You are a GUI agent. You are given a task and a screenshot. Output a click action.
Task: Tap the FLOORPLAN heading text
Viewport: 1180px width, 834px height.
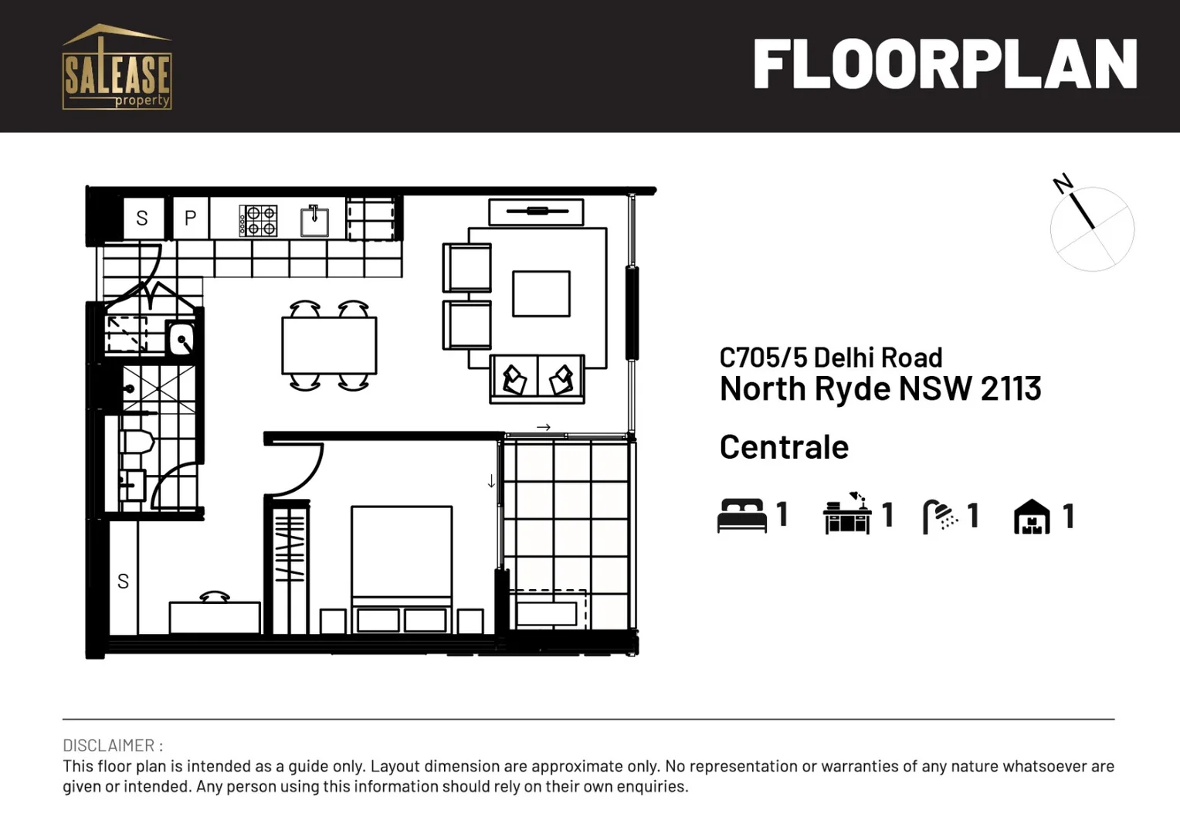click(x=944, y=65)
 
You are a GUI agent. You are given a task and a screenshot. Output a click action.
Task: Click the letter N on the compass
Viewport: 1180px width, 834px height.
click(x=1063, y=184)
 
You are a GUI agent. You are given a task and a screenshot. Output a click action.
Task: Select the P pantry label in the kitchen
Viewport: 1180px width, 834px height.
click(x=190, y=219)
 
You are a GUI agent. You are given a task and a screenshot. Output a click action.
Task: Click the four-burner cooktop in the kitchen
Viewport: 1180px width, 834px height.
click(x=258, y=220)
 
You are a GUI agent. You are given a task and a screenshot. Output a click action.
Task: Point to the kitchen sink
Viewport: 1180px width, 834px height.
click(x=314, y=221)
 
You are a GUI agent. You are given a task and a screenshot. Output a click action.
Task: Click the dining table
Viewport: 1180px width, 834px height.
click(x=329, y=345)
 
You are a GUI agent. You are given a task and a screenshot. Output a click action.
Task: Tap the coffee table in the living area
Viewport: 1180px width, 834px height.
click(x=541, y=293)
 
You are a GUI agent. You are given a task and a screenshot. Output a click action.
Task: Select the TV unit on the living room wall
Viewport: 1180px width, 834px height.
click(x=536, y=211)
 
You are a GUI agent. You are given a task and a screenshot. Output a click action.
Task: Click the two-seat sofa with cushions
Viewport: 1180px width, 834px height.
click(x=537, y=379)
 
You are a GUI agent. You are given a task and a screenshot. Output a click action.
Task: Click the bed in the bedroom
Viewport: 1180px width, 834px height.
click(x=402, y=568)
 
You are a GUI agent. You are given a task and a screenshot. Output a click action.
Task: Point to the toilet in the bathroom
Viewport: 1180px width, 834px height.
click(x=137, y=445)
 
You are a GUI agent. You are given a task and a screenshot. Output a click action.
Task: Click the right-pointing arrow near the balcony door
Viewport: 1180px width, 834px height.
click(x=544, y=427)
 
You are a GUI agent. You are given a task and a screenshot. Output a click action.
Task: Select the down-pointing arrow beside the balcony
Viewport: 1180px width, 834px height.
click(x=491, y=482)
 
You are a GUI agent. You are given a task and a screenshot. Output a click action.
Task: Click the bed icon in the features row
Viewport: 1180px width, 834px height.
click(x=741, y=515)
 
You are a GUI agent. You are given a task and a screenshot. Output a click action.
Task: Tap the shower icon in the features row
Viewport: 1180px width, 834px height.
click(x=939, y=516)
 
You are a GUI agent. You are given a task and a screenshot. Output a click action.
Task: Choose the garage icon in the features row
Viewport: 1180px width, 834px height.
click(x=1032, y=516)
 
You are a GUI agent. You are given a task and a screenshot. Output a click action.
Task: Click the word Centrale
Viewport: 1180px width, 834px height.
click(x=784, y=447)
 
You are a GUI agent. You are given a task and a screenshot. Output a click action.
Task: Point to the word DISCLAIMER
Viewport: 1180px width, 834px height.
click(x=109, y=745)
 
